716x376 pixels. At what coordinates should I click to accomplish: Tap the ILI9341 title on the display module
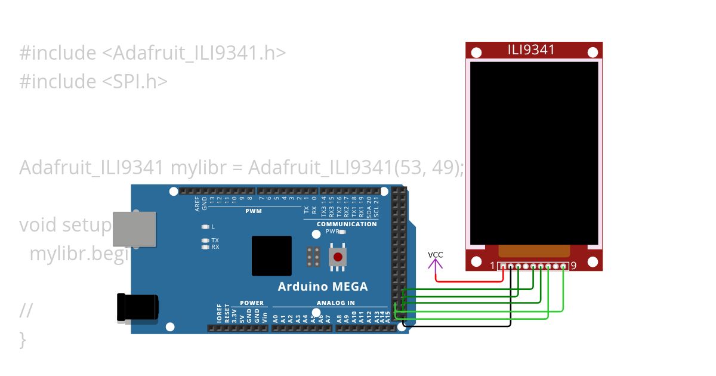click(531, 50)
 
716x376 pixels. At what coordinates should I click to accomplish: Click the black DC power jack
click(137, 308)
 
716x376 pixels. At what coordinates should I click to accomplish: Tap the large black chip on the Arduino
click(271, 255)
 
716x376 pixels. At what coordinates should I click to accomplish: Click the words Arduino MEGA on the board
click(323, 286)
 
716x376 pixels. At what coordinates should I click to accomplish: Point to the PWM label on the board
click(253, 211)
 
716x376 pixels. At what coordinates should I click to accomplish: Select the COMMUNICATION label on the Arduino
click(347, 224)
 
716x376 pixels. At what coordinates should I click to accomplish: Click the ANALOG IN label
click(335, 303)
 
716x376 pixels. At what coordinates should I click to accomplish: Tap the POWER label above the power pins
click(251, 303)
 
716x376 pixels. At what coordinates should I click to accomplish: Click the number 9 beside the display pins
click(573, 266)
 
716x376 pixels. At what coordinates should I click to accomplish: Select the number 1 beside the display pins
click(492, 266)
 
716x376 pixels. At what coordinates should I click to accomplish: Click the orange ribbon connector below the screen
click(534, 251)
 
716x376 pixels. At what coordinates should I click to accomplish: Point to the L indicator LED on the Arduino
click(206, 227)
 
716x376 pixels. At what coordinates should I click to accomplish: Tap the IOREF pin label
click(219, 315)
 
